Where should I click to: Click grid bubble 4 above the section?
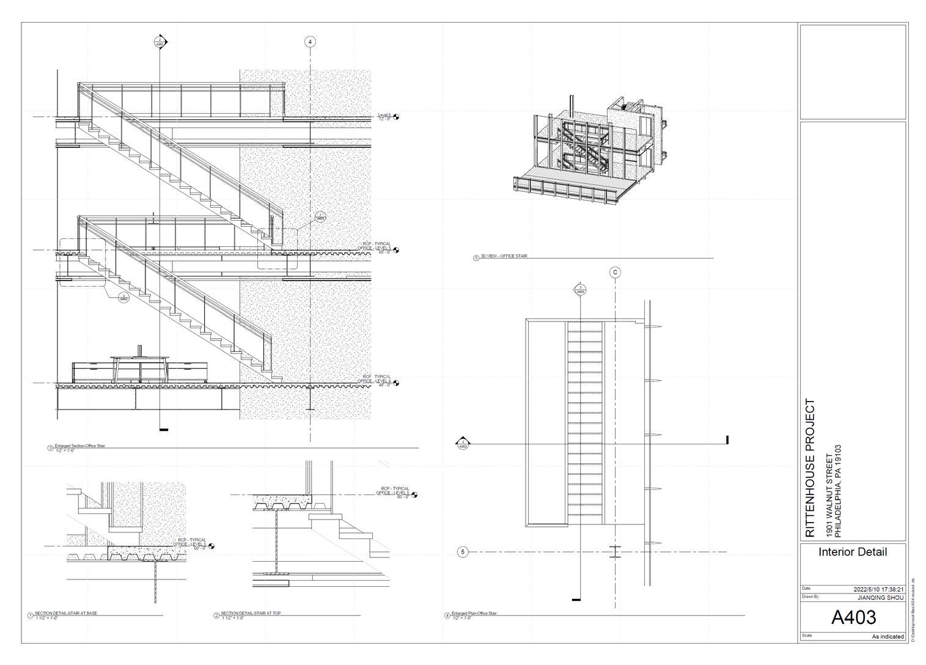coord(310,42)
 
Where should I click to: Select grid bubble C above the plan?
coord(615,273)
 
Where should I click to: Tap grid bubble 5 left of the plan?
coord(463,552)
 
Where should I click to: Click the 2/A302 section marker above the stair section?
coord(160,42)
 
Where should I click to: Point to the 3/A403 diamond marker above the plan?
coord(580,290)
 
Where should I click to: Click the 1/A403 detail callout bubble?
coord(320,217)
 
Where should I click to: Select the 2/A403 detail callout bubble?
coord(123,298)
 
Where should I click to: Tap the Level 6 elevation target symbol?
coord(396,117)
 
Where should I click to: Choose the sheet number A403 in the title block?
coord(853,617)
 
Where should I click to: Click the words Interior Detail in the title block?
coord(853,552)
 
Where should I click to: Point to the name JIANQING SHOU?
coord(880,597)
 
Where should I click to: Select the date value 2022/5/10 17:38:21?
coord(878,589)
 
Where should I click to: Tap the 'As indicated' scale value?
coord(887,636)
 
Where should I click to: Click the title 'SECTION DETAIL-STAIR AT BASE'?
coord(65,613)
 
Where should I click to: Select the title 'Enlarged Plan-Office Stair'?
coord(474,613)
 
